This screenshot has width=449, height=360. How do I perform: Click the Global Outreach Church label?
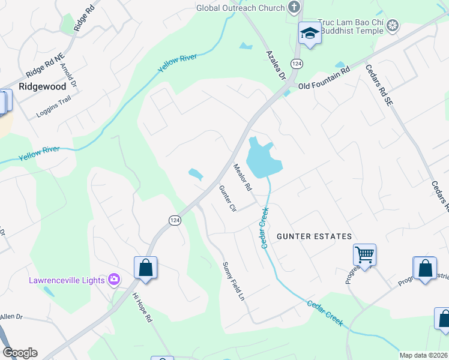pyautogui.click(x=241, y=8)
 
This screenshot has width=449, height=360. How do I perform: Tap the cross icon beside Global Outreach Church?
pyautogui.click(x=294, y=7)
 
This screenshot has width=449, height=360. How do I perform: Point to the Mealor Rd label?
pyautogui.click(x=242, y=178)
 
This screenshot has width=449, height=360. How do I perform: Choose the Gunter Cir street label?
pyautogui.click(x=227, y=199)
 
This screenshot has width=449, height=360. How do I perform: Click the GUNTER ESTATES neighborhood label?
pyautogui.click(x=314, y=236)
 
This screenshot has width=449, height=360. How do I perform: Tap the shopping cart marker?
pyautogui.click(x=365, y=255)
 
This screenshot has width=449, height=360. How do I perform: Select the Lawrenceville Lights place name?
pyautogui.click(x=67, y=280)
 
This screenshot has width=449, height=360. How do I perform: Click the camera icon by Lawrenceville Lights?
pyautogui.click(x=113, y=280)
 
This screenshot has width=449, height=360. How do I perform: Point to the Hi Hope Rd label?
pyautogui.click(x=142, y=308)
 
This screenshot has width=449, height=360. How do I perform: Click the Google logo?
pyautogui.click(x=20, y=353)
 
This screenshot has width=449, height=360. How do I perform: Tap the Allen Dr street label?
pyautogui.click(x=11, y=316)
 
